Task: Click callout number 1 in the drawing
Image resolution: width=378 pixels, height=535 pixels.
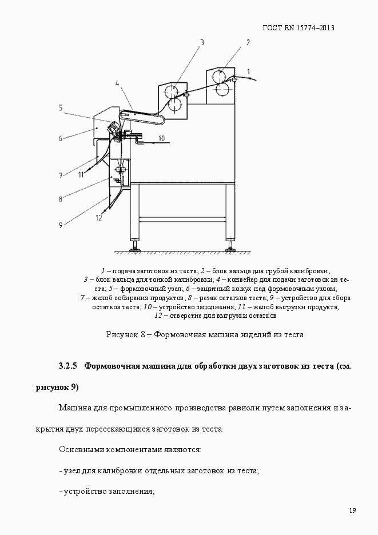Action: click(249, 70)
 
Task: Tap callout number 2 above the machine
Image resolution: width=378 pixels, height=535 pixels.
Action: click(248, 42)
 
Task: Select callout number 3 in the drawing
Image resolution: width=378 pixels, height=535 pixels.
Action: click(202, 41)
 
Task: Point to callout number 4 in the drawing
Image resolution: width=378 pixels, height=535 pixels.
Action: click(117, 83)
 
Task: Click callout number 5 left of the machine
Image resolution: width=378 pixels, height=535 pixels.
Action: click(60, 107)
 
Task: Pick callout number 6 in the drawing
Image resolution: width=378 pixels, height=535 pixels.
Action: click(59, 138)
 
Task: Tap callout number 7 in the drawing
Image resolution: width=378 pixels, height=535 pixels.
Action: click(59, 175)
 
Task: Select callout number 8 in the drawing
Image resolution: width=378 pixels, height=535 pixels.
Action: click(60, 199)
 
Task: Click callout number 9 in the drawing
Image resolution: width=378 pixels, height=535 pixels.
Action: click(60, 225)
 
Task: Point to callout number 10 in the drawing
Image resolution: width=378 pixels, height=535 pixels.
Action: click(161, 138)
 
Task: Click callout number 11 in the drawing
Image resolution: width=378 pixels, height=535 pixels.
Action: click(82, 174)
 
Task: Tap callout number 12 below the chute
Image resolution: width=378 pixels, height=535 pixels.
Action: click(99, 217)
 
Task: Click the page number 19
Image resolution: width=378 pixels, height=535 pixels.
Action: click(352, 510)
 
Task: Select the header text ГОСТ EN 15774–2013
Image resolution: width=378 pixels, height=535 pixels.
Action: click(298, 27)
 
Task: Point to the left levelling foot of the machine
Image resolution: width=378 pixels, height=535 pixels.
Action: click(135, 247)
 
